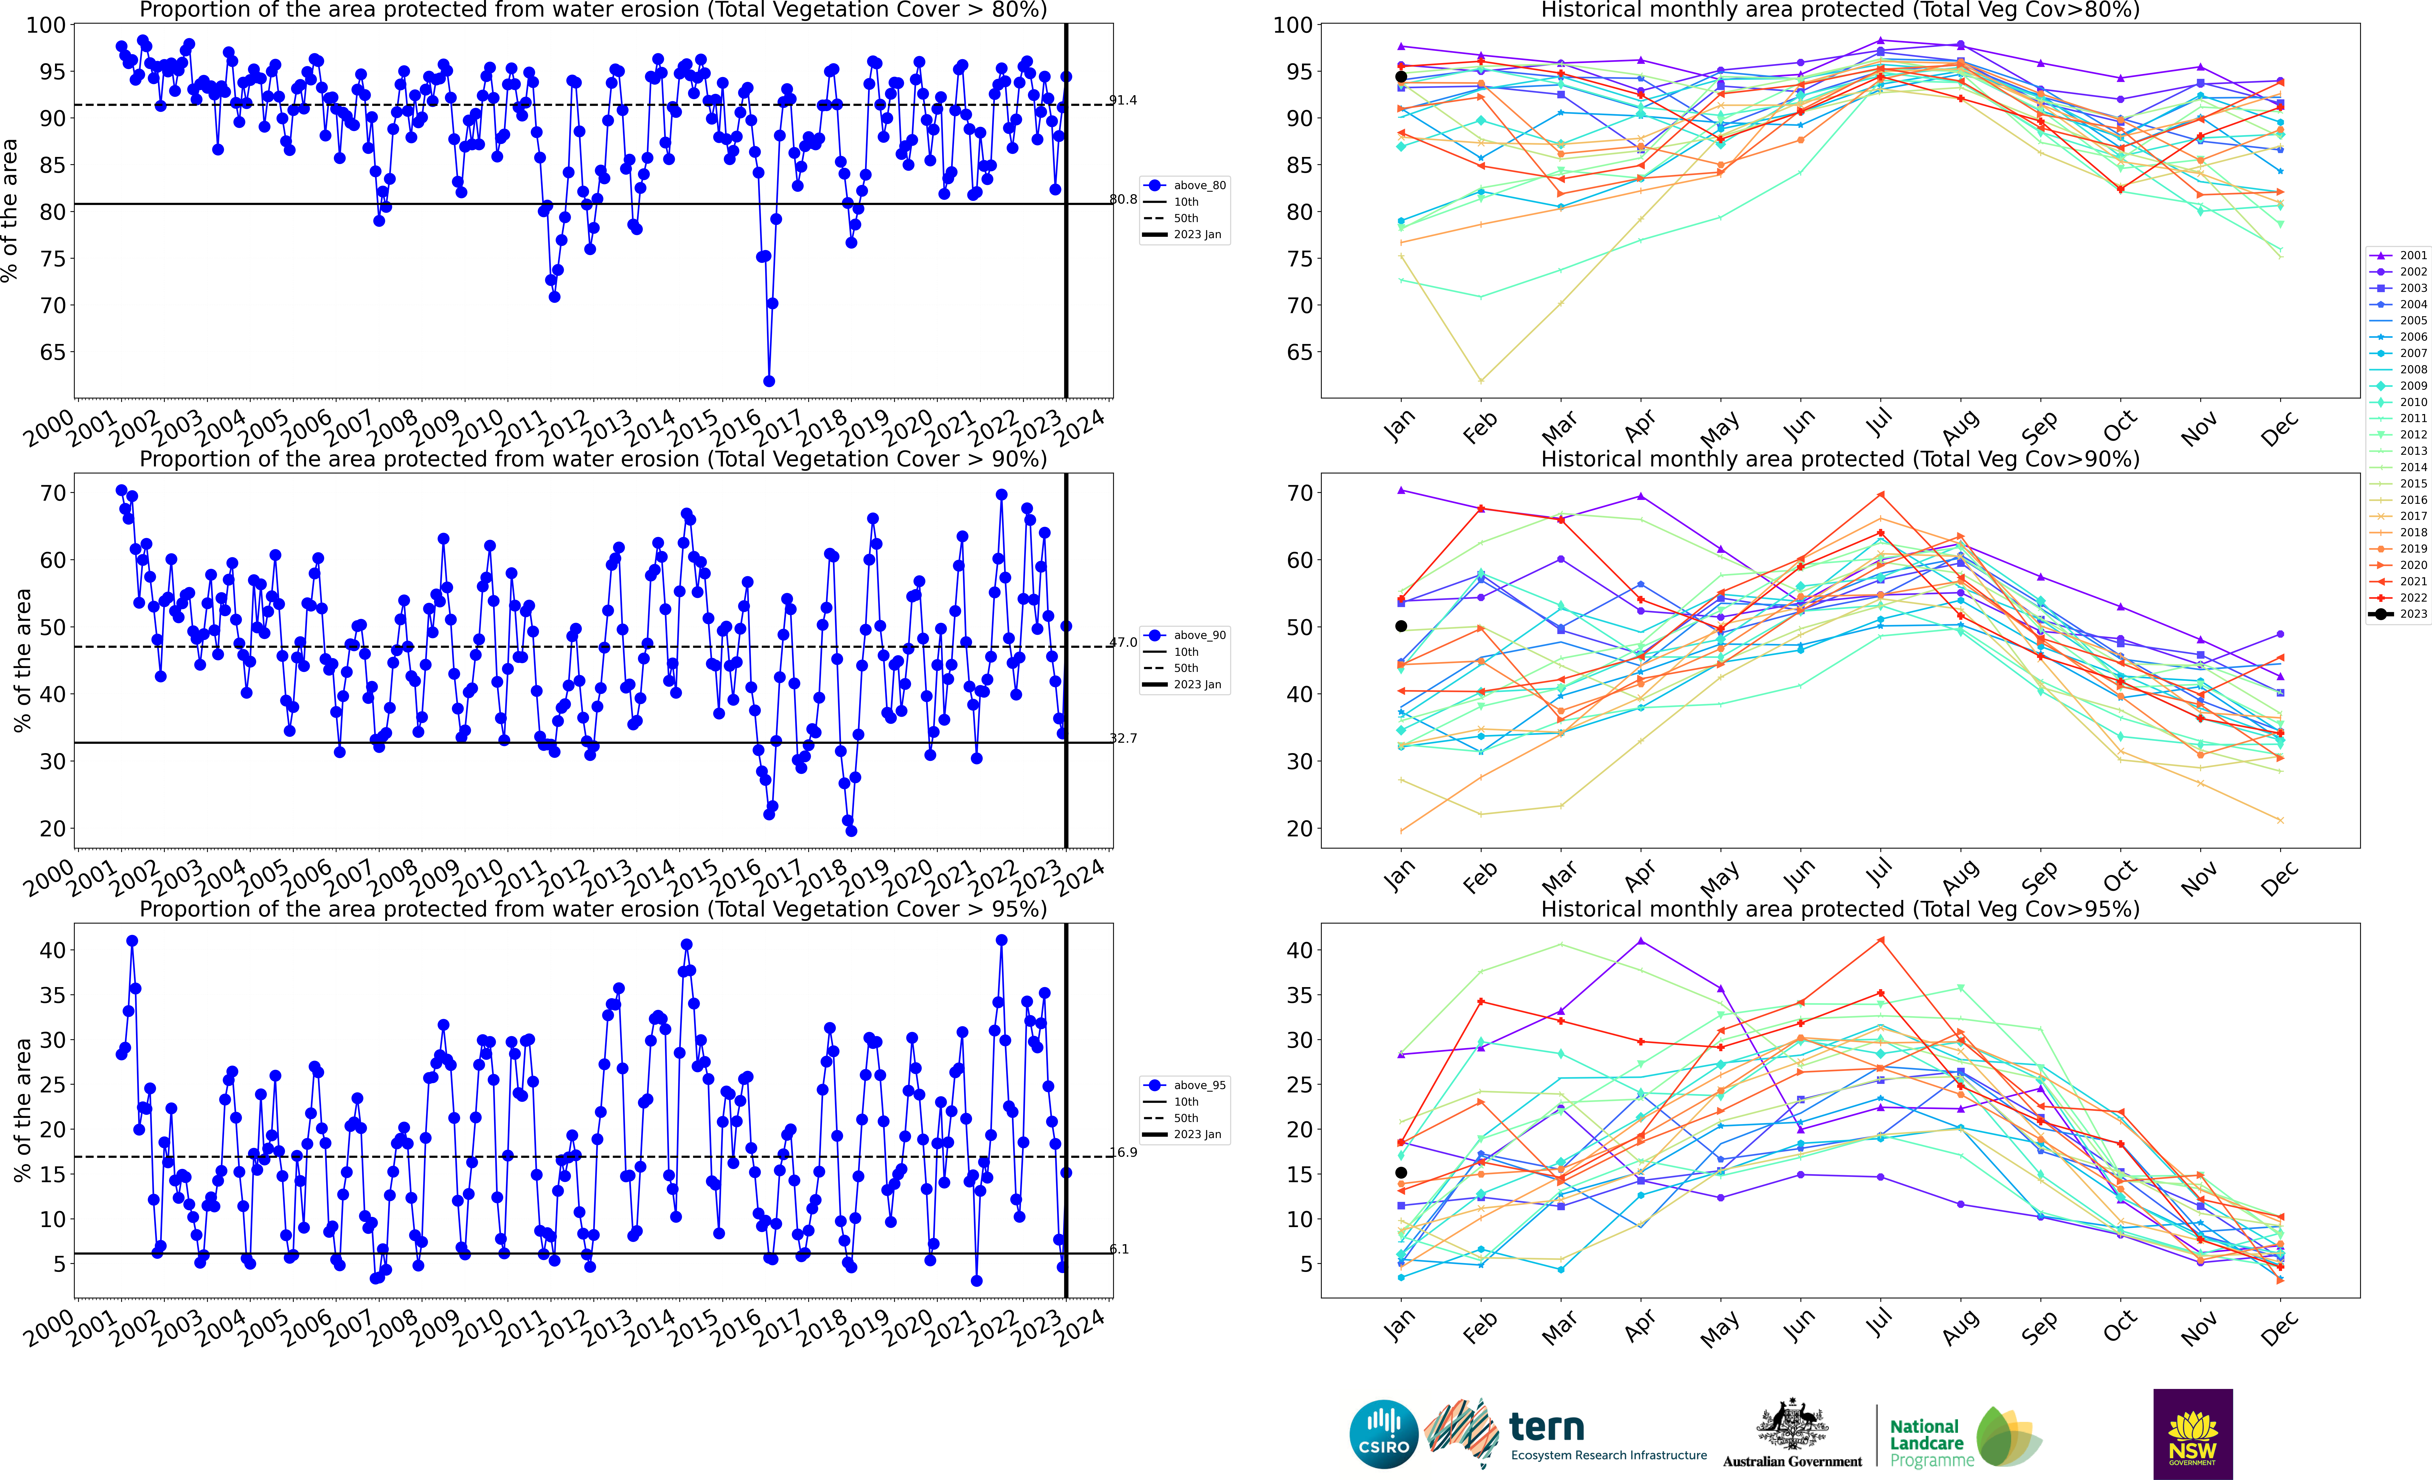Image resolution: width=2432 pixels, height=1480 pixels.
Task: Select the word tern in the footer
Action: (1547, 1427)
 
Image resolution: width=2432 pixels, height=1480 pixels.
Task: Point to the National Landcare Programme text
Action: (1931, 1442)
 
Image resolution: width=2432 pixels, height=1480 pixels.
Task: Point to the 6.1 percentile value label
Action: (1119, 1249)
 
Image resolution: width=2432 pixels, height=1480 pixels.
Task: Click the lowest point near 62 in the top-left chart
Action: (769, 381)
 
